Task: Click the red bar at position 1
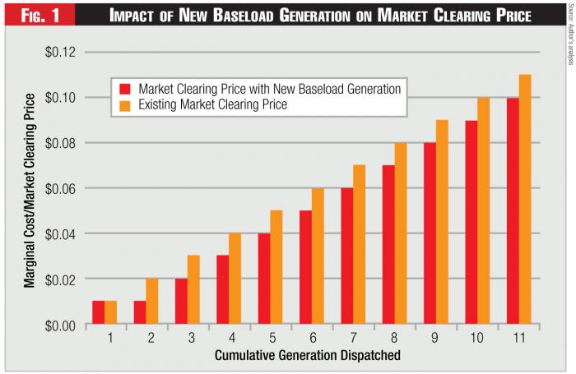click(x=98, y=313)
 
